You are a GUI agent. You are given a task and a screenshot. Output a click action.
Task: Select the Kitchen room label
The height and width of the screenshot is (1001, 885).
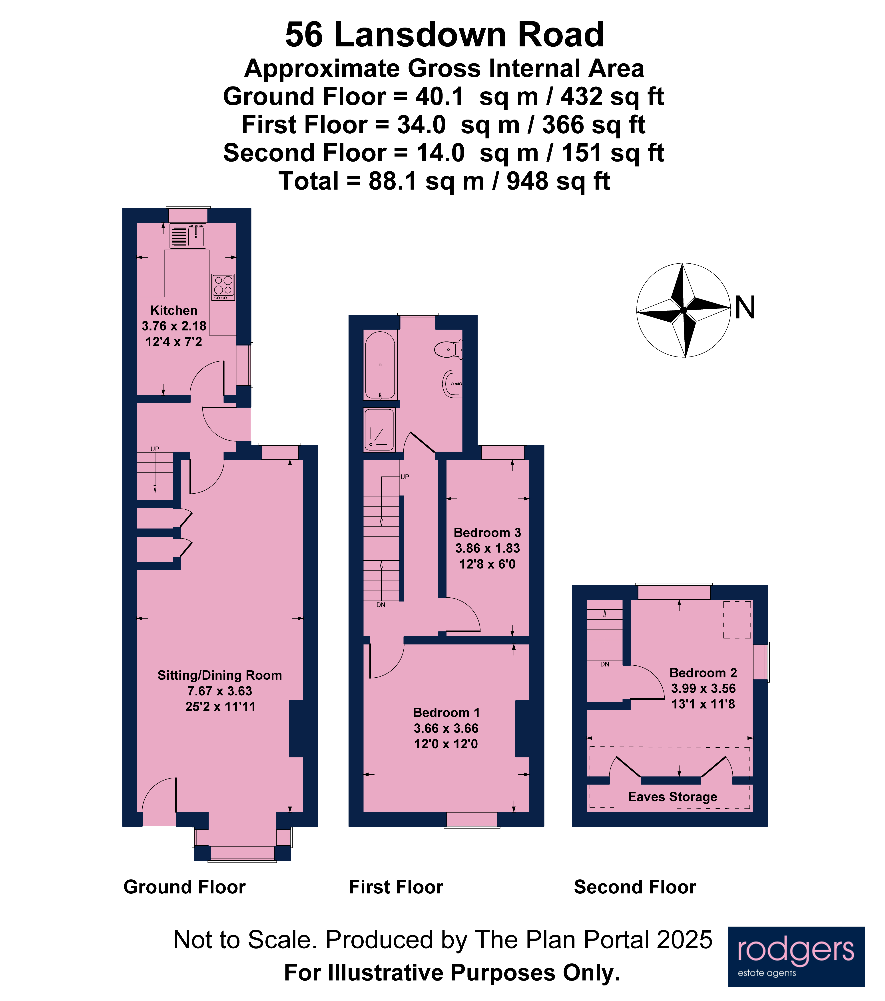174,310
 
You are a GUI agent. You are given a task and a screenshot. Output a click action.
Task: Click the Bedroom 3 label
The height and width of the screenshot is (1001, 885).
487,533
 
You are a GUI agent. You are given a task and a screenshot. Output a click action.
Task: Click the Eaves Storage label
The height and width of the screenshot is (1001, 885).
673,797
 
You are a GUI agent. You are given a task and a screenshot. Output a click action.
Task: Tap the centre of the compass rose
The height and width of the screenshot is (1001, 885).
683,310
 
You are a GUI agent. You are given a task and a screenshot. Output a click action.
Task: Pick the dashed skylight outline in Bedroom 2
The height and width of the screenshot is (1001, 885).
737,619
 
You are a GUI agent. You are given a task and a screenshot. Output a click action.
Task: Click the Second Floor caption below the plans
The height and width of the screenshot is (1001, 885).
635,887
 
